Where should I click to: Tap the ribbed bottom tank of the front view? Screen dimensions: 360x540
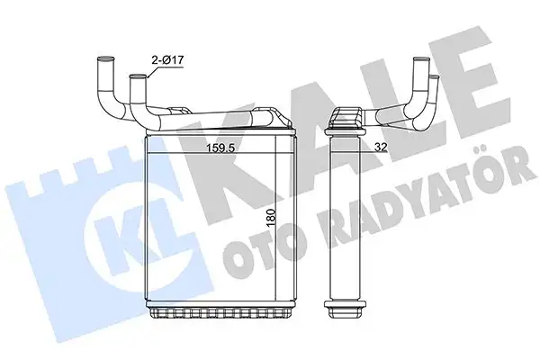tap(221, 307)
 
